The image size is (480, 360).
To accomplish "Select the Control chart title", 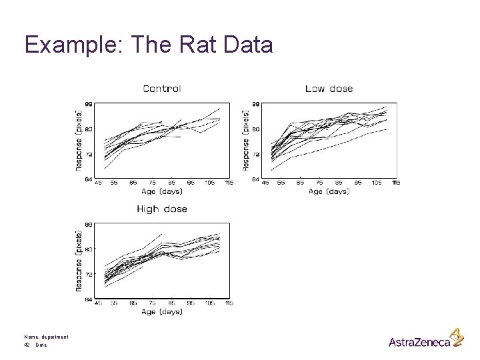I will pos(161,88).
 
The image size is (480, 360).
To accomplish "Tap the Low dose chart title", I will pos(329,88).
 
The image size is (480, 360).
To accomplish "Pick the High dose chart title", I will pos(161,209).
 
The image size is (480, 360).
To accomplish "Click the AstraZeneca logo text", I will pos(419,342).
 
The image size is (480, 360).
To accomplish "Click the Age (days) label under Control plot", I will pos(162,191).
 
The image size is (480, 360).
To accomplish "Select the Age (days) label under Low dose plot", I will pos(329,191).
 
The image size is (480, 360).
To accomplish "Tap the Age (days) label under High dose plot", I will pos(162,312).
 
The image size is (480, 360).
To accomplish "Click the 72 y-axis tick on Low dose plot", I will pos(255,154).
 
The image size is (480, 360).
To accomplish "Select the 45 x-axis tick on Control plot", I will pos(98,183).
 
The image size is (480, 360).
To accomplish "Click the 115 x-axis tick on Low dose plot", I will pos(396,183).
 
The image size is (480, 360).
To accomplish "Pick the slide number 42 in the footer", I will pos(27,345).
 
